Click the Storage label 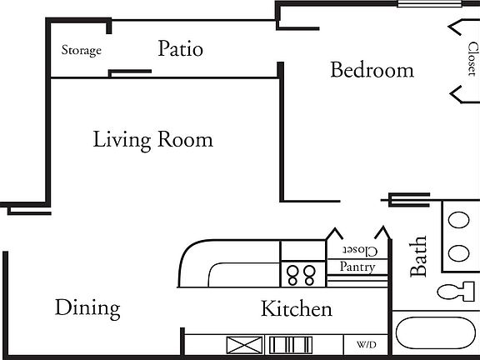click(x=82, y=51)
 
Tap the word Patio click(x=180, y=49)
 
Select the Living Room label click(x=152, y=139)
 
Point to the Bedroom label click(x=372, y=70)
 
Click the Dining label click(x=87, y=308)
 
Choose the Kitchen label click(x=297, y=309)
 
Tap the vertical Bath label click(x=418, y=256)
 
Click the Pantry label click(x=357, y=267)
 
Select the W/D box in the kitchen click(x=366, y=344)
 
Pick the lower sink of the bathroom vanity click(x=459, y=252)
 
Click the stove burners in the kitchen click(x=302, y=274)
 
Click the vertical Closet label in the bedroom click(x=472, y=59)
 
